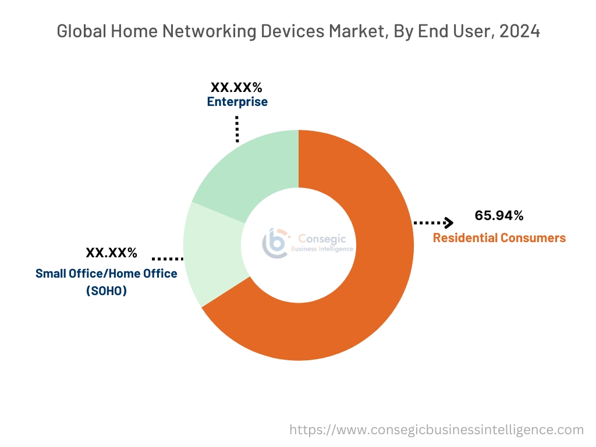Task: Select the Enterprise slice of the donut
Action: click(250, 169)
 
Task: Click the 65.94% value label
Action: click(499, 216)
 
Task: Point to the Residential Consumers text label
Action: click(499, 237)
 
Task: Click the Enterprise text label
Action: click(237, 102)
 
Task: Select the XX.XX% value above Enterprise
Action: click(236, 87)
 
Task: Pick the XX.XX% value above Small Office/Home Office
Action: click(111, 253)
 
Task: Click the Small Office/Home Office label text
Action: click(107, 274)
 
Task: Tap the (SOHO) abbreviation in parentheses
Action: click(107, 291)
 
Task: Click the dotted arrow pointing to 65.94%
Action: click(433, 222)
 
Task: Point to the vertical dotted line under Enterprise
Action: click(237, 129)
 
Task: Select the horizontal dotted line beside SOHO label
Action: click(168, 258)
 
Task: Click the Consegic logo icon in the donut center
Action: click(274, 243)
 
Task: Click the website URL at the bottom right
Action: click(437, 430)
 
